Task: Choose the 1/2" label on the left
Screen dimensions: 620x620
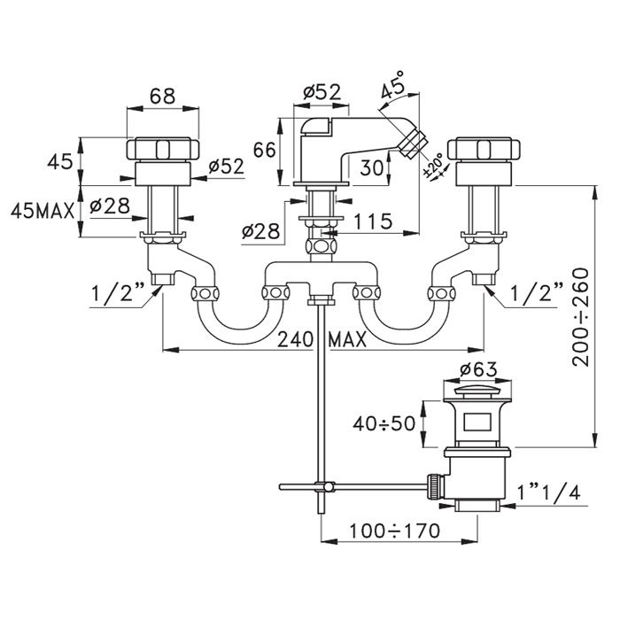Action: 118,293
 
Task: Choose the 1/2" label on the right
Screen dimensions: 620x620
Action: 537,292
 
